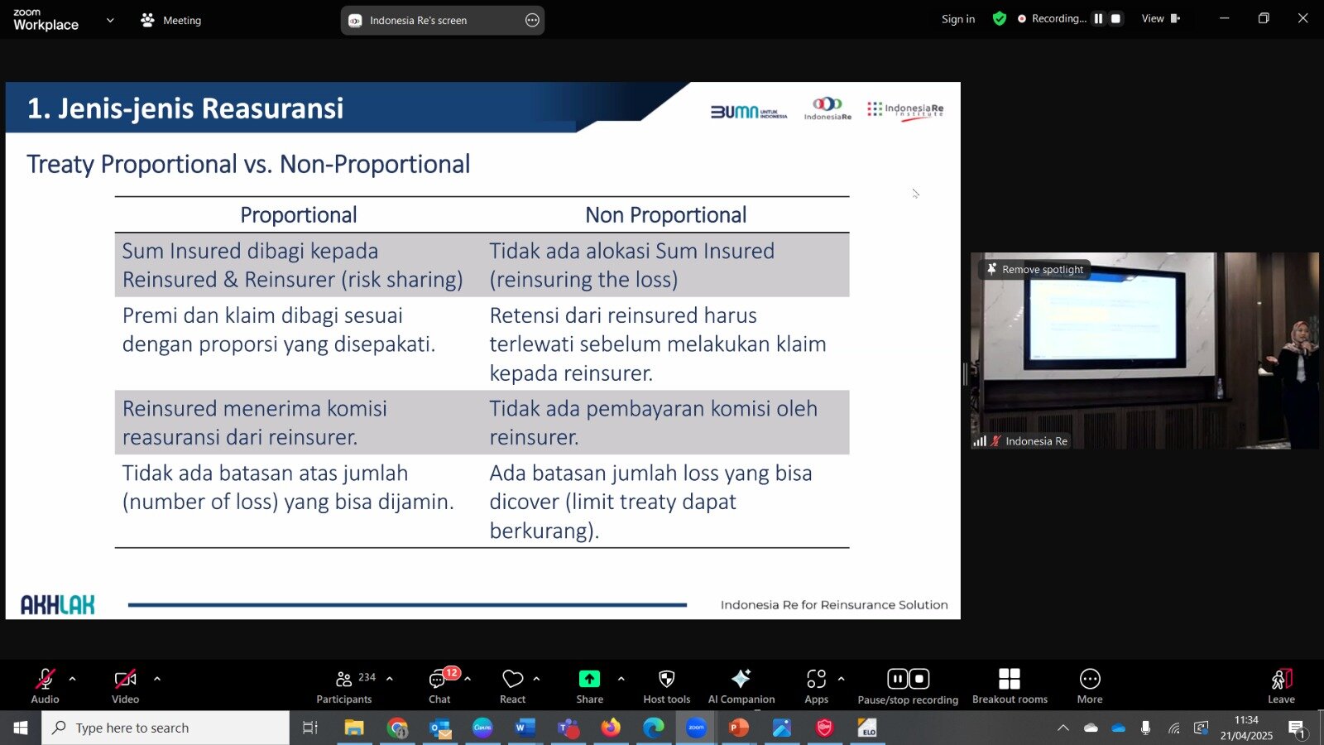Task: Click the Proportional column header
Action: pos(299,214)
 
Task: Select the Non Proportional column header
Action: pos(665,214)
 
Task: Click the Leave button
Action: pos(1282,686)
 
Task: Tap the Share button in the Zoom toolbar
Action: pos(589,686)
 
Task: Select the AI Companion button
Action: pos(741,686)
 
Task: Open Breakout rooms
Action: pos(1010,686)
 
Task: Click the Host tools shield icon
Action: pos(667,680)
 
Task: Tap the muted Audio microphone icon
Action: pos(45,680)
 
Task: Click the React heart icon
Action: pos(512,680)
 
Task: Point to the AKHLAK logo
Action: pos(57,604)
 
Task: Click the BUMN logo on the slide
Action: pos(748,112)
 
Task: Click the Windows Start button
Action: pos(20,728)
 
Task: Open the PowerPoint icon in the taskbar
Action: pos(738,728)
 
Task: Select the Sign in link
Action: pos(958,19)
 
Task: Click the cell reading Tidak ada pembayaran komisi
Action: pos(653,423)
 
